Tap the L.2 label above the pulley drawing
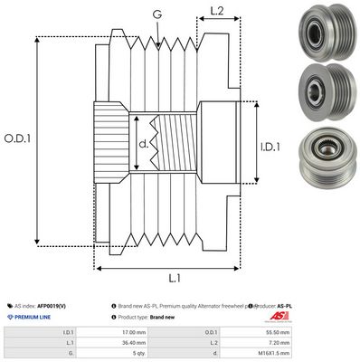tap(216, 13)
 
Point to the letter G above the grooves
tap(157, 14)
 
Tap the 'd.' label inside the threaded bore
tap(145, 142)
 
